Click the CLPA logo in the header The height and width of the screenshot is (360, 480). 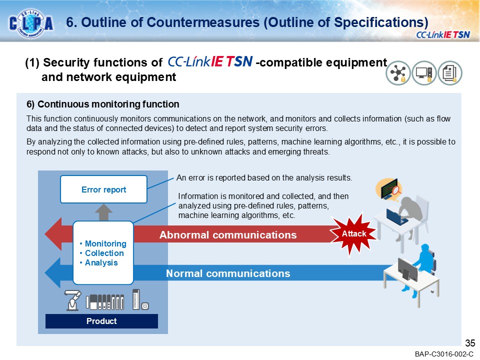[31, 22]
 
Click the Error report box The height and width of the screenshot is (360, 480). [103, 189]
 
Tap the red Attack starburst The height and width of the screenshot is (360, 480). [354, 234]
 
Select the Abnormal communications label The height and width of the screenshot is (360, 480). [227, 235]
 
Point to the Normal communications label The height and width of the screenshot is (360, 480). [227, 273]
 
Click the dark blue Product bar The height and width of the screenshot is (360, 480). [101, 321]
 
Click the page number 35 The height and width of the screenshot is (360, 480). [469, 343]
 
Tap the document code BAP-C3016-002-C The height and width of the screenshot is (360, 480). [443, 354]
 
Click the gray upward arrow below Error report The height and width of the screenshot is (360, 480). [103, 212]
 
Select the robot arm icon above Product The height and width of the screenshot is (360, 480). [72, 300]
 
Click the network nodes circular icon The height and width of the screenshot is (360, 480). [398, 73]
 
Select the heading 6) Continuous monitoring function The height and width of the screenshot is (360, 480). [102, 104]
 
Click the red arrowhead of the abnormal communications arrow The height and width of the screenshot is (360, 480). [53, 235]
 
